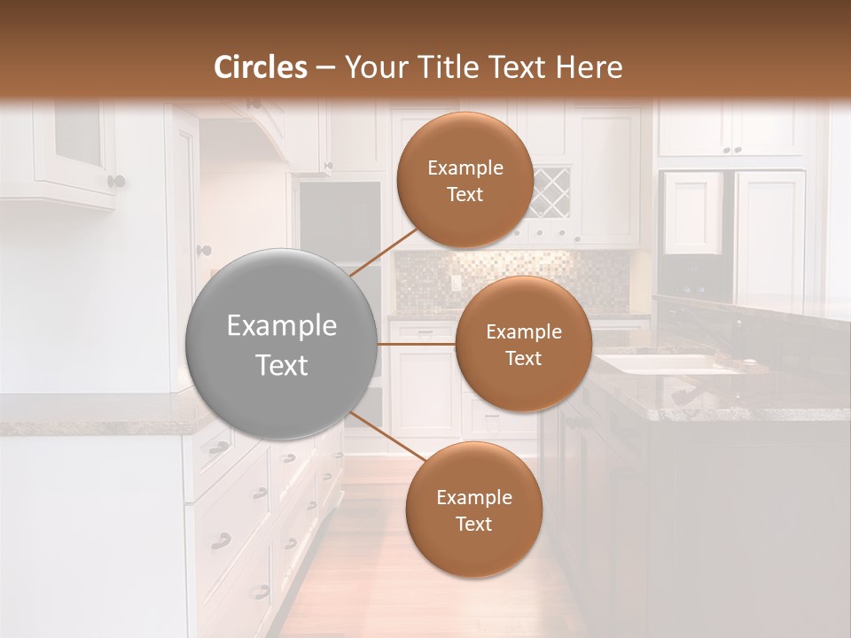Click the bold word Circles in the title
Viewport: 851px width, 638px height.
coord(261,67)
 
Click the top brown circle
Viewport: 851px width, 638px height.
coord(465,180)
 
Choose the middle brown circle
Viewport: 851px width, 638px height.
coord(523,344)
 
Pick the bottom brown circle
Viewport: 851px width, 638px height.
coord(473,510)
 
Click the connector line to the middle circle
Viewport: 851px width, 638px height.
coord(416,344)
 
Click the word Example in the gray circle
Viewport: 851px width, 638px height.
coord(281,326)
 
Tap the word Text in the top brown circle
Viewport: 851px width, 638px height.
coord(465,195)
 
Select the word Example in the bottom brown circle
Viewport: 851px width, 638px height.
coord(473,497)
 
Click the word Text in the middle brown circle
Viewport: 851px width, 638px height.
coord(523,359)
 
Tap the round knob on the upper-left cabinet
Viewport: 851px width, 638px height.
coord(116,182)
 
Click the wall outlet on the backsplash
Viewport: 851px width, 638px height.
coord(456,284)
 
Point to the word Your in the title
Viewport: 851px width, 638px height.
coord(371,67)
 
